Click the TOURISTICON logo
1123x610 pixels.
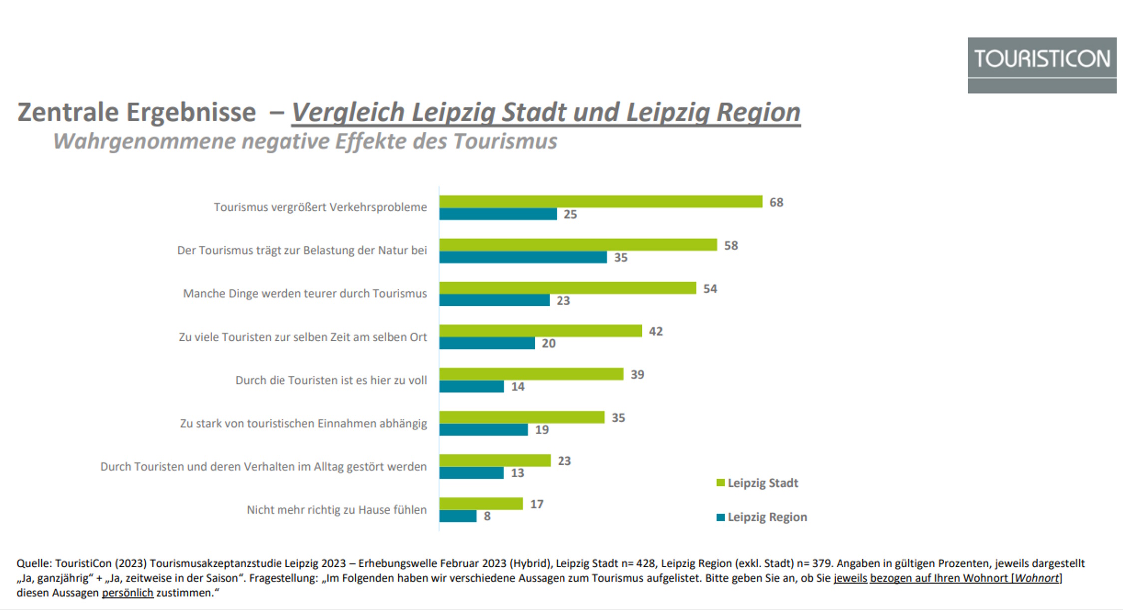point(1042,65)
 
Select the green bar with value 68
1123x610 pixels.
point(600,202)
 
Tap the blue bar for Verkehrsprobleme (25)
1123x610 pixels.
point(498,214)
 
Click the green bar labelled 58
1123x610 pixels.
point(578,245)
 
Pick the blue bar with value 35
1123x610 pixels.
point(523,257)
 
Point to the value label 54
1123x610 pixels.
point(710,289)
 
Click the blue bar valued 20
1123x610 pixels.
point(487,343)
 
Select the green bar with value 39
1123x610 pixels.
point(531,374)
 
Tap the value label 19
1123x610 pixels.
point(542,430)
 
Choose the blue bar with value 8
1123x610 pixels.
point(458,516)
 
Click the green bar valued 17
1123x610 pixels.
point(481,504)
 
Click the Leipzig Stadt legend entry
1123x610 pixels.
point(757,483)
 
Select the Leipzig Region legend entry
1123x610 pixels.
point(762,517)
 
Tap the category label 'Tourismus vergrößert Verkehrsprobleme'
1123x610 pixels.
point(320,207)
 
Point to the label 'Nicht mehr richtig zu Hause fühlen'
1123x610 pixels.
point(336,510)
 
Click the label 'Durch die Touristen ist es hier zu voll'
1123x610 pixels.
point(331,380)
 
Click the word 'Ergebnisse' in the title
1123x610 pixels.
point(191,112)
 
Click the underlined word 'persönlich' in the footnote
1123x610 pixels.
point(127,593)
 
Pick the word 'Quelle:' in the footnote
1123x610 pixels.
point(34,563)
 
